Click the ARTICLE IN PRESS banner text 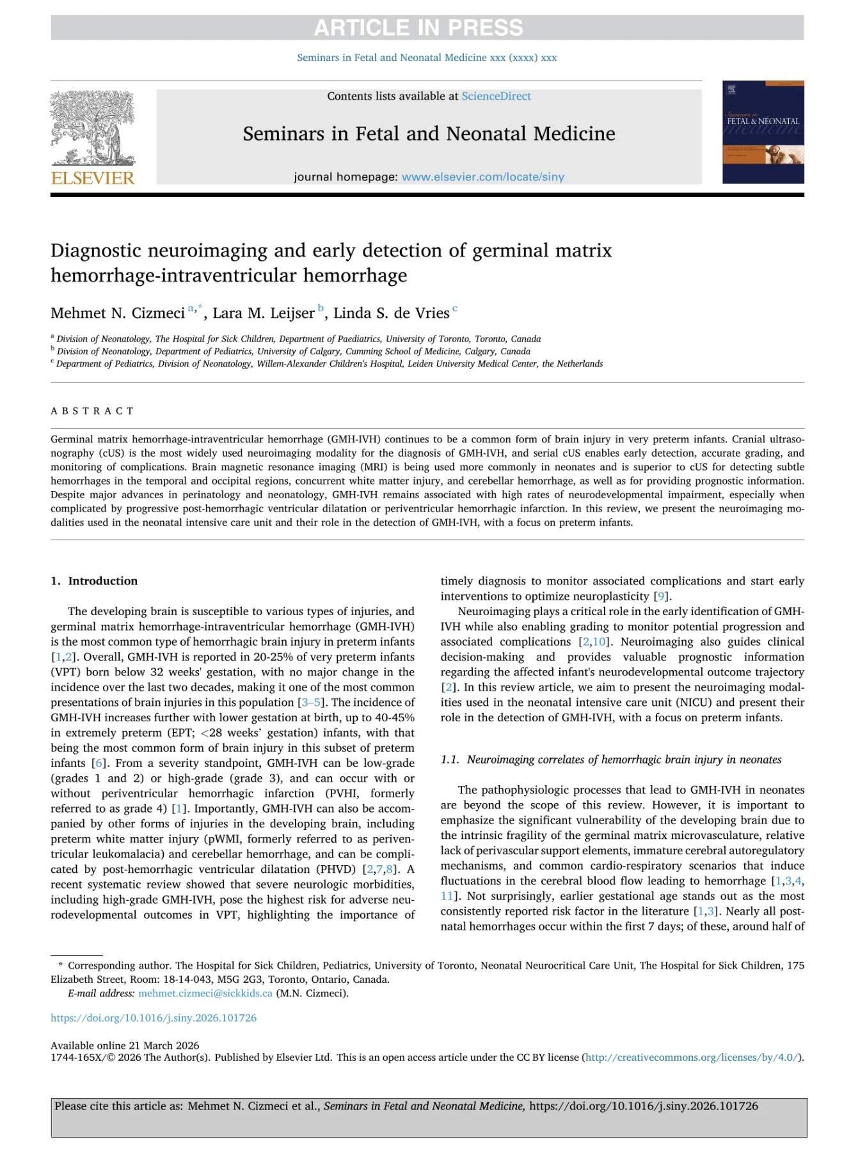[418, 27]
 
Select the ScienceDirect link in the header [496, 96]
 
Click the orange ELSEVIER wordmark [93, 178]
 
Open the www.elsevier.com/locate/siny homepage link [482, 177]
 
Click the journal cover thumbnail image [763, 132]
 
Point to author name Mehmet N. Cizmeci [118, 313]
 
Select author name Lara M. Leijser [264, 313]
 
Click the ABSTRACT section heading [92, 411]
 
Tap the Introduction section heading [102, 581]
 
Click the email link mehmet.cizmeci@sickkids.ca [205, 994]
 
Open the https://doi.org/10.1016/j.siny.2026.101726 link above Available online [154, 1018]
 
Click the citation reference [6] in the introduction [98, 763]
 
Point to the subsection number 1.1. [450, 760]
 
